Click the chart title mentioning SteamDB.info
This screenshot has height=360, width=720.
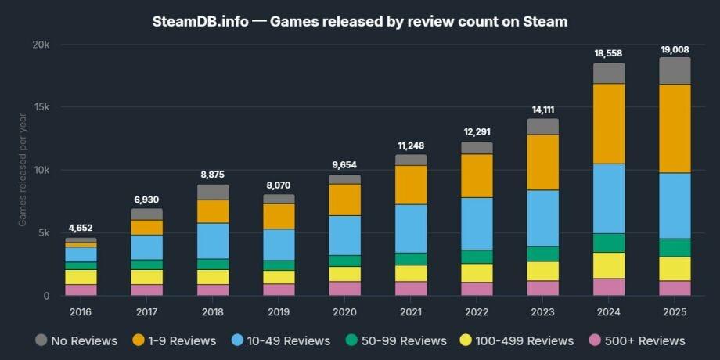[360, 21]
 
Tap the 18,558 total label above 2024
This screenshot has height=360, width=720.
[608, 53]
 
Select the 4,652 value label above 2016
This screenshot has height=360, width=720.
[81, 228]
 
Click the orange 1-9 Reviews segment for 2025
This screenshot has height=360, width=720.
[675, 128]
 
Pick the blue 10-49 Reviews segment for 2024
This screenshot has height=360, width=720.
[608, 198]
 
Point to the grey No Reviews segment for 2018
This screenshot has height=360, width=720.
[213, 192]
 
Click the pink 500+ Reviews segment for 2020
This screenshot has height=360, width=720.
[344, 288]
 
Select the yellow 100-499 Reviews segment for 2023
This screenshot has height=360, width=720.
[542, 271]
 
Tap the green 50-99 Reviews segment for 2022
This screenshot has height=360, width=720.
[477, 257]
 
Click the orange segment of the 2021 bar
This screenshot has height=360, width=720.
[411, 185]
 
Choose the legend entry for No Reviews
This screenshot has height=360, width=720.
[77, 340]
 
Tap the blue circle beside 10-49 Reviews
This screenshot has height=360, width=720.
[238, 340]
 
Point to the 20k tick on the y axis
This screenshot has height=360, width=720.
[41, 45]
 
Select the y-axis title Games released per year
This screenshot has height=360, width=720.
[23, 171]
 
